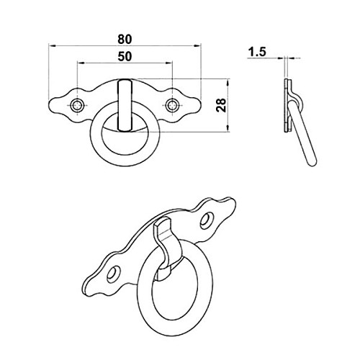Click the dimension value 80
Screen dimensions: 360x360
tap(125, 40)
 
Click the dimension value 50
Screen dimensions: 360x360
tap(125, 56)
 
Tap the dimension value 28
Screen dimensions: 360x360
tap(222, 105)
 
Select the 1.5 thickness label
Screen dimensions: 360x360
tap(257, 52)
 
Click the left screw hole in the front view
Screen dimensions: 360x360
tap(77, 105)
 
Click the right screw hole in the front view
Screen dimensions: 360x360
tap(172, 105)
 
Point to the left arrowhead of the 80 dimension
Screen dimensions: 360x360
tap(52, 45)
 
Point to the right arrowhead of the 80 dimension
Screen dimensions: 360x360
tap(197, 45)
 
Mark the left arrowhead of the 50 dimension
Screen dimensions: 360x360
tap(81, 63)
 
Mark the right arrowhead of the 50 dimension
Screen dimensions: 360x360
tap(169, 63)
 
